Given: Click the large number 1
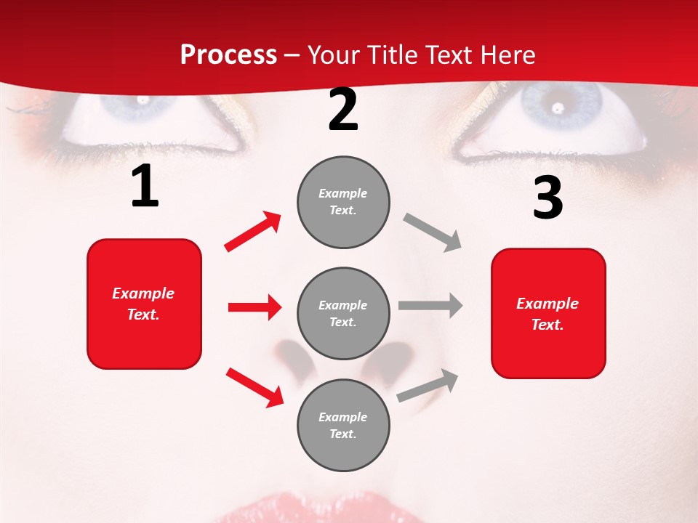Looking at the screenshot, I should (x=145, y=187).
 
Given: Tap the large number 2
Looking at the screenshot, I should (x=343, y=110).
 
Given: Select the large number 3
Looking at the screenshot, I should (x=547, y=198).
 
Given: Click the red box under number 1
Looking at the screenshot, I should (x=144, y=304).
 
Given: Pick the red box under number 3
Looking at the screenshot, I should (x=548, y=313).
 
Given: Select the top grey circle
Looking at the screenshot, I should (x=343, y=202).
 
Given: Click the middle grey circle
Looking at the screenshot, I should (x=343, y=313).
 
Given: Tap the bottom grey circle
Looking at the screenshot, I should (x=343, y=425).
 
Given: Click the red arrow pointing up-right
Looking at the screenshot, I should (x=253, y=232).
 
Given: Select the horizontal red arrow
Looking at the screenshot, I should (x=254, y=307).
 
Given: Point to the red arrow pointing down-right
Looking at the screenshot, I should (x=254, y=387).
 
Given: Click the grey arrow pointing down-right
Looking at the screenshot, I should (x=433, y=232).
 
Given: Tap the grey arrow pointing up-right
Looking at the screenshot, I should (x=428, y=386).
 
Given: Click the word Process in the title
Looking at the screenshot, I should (x=228, y=54).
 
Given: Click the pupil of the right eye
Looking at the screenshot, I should (x=558, y=107).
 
